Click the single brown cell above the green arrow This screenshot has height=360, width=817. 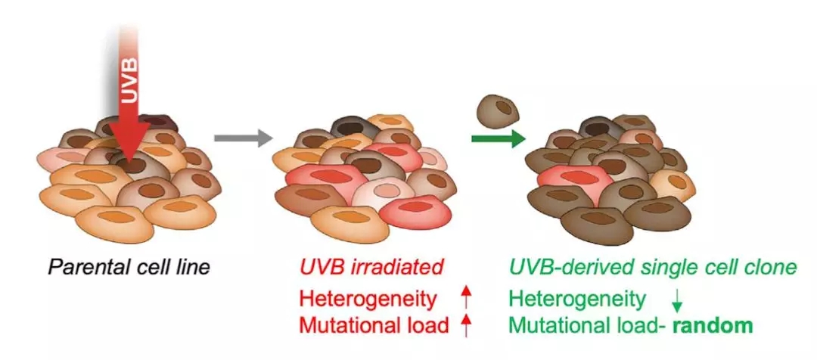(497, 110)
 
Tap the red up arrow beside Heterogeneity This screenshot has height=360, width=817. (465, 299)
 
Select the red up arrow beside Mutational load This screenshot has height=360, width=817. (465, 326)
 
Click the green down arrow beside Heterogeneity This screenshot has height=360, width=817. (676, 301)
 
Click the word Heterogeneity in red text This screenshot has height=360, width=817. (368, 299)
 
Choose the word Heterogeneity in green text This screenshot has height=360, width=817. (576, 299)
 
